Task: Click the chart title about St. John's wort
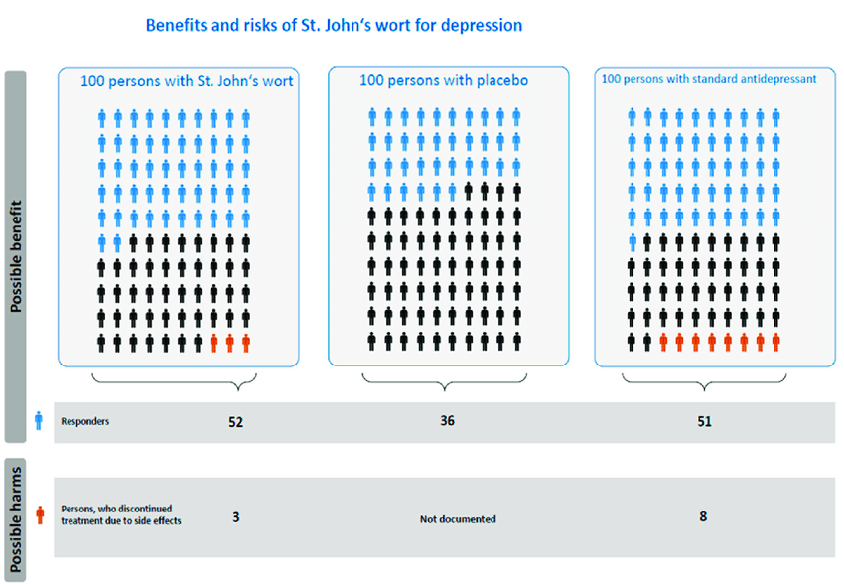334,25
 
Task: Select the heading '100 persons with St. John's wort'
187,81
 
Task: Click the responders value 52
235,421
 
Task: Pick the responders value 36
448,420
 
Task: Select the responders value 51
704,421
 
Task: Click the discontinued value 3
235,516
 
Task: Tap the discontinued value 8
704,516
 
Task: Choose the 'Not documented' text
458,518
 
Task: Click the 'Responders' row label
85,421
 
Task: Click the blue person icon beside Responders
39,421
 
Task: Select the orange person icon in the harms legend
39,514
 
